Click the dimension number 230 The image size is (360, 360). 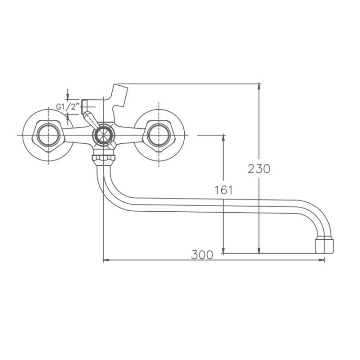259,169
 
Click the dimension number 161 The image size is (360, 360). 224,190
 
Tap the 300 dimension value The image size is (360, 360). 202,255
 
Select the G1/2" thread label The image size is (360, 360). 68,107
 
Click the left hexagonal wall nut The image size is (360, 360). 48,135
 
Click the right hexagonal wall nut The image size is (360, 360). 159,135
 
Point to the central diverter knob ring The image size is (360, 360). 103,135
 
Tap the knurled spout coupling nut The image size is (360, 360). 104,158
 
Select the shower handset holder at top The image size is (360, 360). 119,97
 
